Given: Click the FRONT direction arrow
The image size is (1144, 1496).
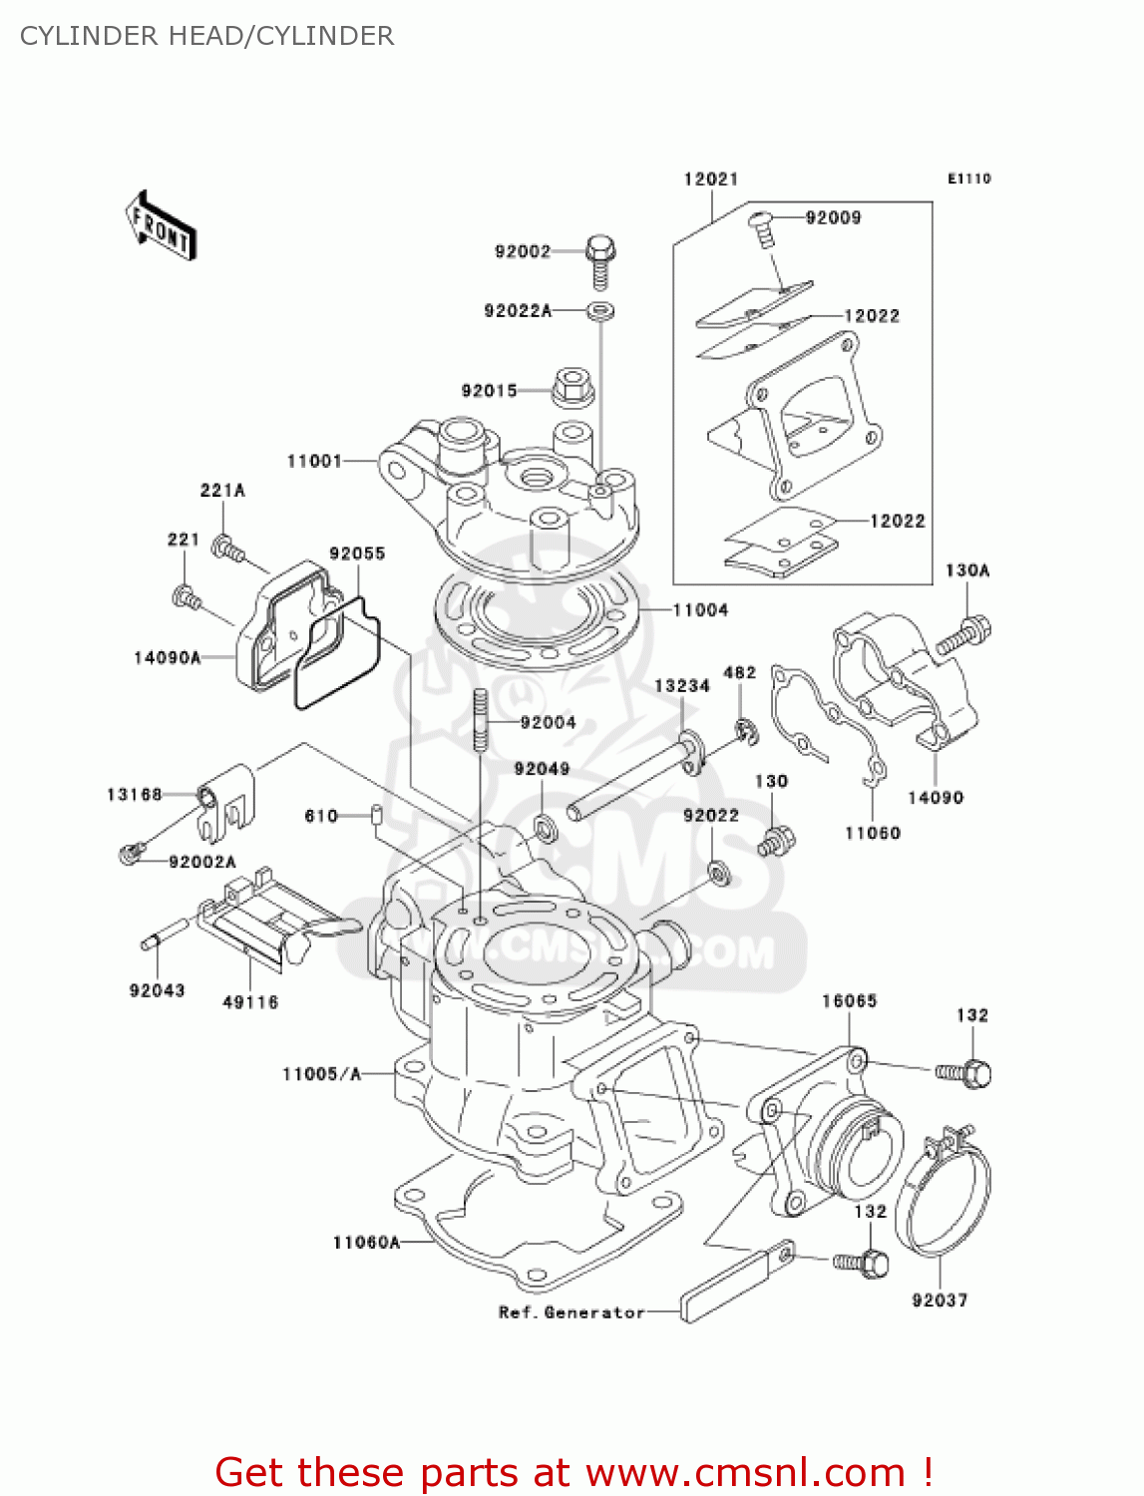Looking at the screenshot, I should [x=160, y=226].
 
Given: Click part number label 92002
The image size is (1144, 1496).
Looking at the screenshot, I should [x=523, y=251].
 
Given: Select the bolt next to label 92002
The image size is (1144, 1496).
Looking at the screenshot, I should [x=600, y=258].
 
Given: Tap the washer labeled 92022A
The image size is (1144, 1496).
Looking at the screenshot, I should [x=600, y=311].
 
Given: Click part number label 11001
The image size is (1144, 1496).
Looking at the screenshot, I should [x=314, y=461].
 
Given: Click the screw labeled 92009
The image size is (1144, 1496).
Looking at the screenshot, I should [x=763, y=229].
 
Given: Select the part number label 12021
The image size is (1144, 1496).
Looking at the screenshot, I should [x=710, y=180].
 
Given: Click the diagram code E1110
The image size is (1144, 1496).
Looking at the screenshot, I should [x=968, y=179].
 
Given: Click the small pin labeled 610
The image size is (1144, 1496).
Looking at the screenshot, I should [x=377, y=815].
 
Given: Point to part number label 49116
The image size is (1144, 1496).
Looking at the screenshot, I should [x=249, y=1002].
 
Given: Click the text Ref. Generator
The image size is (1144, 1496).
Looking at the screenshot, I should [x=572, y=1312].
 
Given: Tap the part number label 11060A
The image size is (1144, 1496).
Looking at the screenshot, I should [x=366, y=1242].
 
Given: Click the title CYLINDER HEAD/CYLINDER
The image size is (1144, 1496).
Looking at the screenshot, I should [x=207, y=36].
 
